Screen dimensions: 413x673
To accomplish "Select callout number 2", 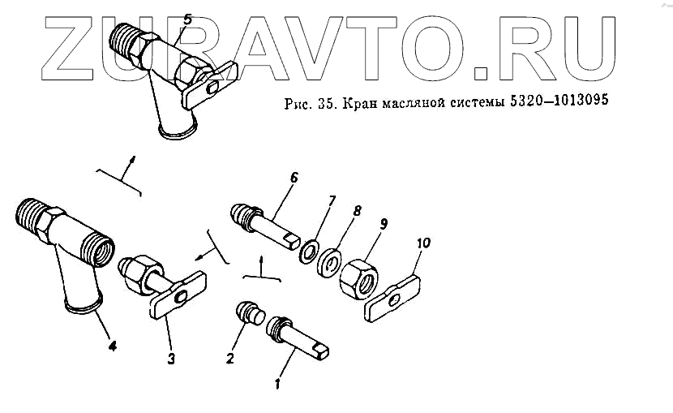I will (x=230, y=358).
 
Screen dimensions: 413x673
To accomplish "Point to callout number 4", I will (x=112, y=346).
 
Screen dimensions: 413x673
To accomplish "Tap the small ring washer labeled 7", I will (x=309, y=252).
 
